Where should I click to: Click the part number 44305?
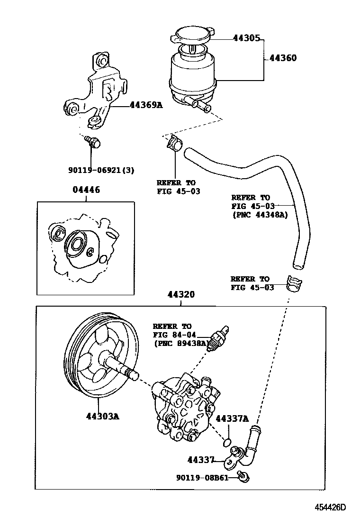pyautogui.click(x=246, y=38)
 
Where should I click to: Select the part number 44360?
pyautogui.click(x=283, y=58)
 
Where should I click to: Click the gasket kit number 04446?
pyautogui.click(x=86, y=190)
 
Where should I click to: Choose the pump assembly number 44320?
pyautogui.click(x=180, y=294)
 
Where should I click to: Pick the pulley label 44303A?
pyautogui.click(x=102, y=417)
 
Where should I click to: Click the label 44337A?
pyautogui.click(x=232, y=418)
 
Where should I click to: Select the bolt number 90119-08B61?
pyautogui.click(x=208, y=478)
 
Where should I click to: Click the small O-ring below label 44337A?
pyautogui.click(x=227, y=443)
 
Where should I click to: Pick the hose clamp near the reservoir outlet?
pyautogui.click(x=174, y=142)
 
